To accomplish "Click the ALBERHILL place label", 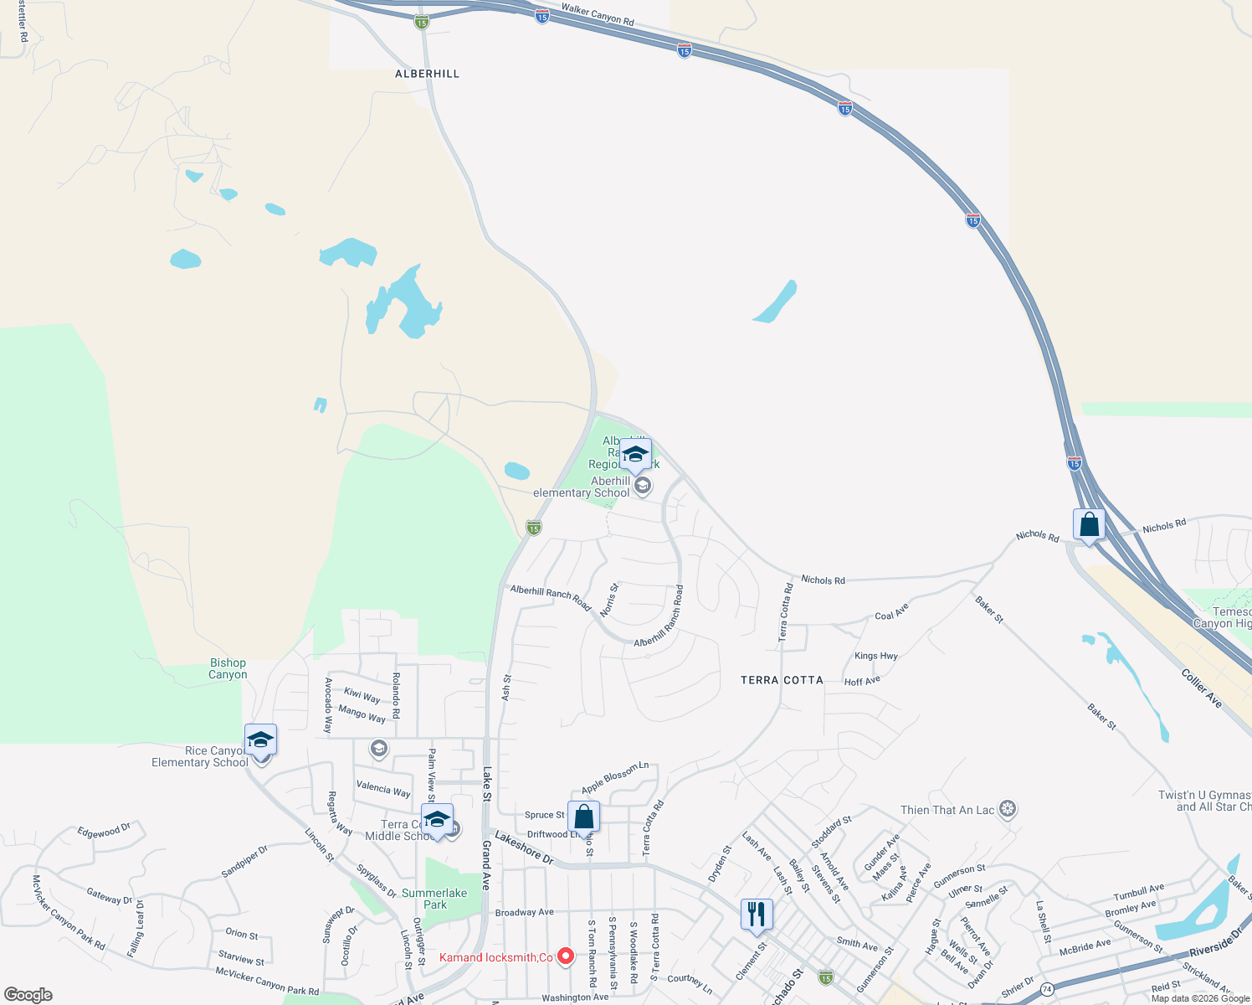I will tap(428, 74).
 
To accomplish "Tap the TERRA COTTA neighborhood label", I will tap(782, 680).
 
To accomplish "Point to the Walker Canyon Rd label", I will tap(598, 14).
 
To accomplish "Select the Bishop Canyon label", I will tap(228, 668).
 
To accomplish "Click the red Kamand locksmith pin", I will tap(566, 956).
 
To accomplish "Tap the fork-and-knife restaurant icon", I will tap(757, 914).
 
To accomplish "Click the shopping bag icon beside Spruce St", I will tap(583, 816).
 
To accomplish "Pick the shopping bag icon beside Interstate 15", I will tap(1089, 524).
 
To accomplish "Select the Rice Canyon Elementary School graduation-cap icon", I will tap(260, 740).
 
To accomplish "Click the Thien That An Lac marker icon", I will tap(1008, 809).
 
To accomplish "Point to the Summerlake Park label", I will tap(434, 899).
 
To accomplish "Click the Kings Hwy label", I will tap(876, 656).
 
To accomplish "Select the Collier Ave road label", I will tap(1202, 688).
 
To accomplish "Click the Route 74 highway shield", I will tap(1047, 989).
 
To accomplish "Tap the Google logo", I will tap(28, 995).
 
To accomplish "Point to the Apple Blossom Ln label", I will tap(615, 777).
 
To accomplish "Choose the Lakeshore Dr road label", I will tap(524, 848).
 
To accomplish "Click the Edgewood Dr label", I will tap(104, 831).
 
